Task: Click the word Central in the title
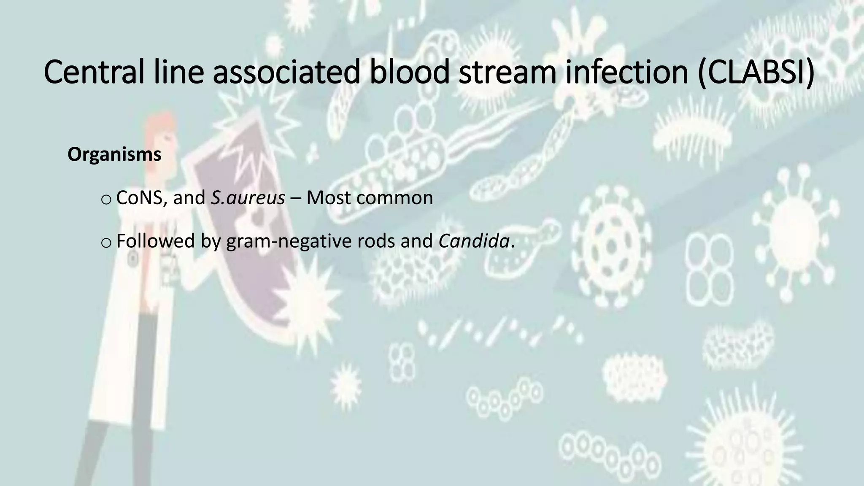click(x=92, y=72)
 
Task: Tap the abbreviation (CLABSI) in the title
click(x=755, y=72)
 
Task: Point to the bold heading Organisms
click(x=114, y=155)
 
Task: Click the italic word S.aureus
click(x=248, y=198)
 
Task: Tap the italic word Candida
click(x=474, y=241)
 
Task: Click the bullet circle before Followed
click(x=106, y=242)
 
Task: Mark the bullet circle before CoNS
click(x=106, y=199)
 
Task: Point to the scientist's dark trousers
click(x=143, y=380)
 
